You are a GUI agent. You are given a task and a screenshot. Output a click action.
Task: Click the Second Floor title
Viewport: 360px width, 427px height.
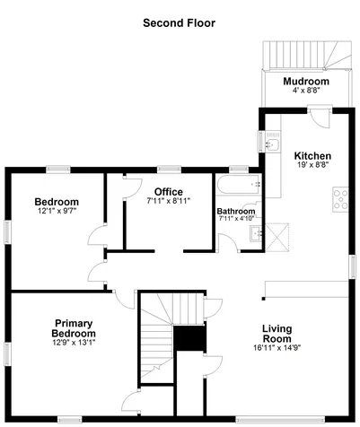point(179,23)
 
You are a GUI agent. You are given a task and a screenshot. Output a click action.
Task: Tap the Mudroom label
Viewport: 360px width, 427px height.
point(306,81)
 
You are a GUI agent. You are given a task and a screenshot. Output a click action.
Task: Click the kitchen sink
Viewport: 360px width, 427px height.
point(273,144)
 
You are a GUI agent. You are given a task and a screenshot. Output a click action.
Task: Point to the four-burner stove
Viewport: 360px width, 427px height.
point(340,199)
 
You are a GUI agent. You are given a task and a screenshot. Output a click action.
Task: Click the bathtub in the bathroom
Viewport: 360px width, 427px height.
point(239,185)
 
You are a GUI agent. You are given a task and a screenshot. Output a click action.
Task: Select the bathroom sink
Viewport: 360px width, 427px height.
point(256,233)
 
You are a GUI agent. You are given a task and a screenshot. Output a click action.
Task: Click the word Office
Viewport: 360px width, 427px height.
point(169,192)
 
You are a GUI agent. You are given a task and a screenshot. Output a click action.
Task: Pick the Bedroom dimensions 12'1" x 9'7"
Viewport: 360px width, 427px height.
point(57,211)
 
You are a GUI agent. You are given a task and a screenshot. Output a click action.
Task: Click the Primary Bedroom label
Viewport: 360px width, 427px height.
point(74,328)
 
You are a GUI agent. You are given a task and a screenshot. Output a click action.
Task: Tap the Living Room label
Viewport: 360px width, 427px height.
point(277,334)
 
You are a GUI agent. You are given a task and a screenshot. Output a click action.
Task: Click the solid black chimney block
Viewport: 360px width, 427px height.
point(189,338)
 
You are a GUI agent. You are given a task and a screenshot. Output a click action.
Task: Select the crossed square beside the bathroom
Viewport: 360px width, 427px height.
point(277,238)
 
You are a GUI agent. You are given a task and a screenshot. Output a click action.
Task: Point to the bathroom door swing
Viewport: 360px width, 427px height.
point(228,241)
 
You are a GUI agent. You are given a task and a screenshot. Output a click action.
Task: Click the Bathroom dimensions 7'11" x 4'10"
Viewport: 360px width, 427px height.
point(236,218)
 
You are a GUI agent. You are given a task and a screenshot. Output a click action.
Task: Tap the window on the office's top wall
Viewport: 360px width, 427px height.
point(169,170)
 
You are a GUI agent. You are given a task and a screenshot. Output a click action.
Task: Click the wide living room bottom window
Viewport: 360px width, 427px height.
point(280,419)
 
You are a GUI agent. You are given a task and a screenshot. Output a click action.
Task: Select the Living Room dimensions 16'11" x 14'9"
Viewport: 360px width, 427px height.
point(277,347)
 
